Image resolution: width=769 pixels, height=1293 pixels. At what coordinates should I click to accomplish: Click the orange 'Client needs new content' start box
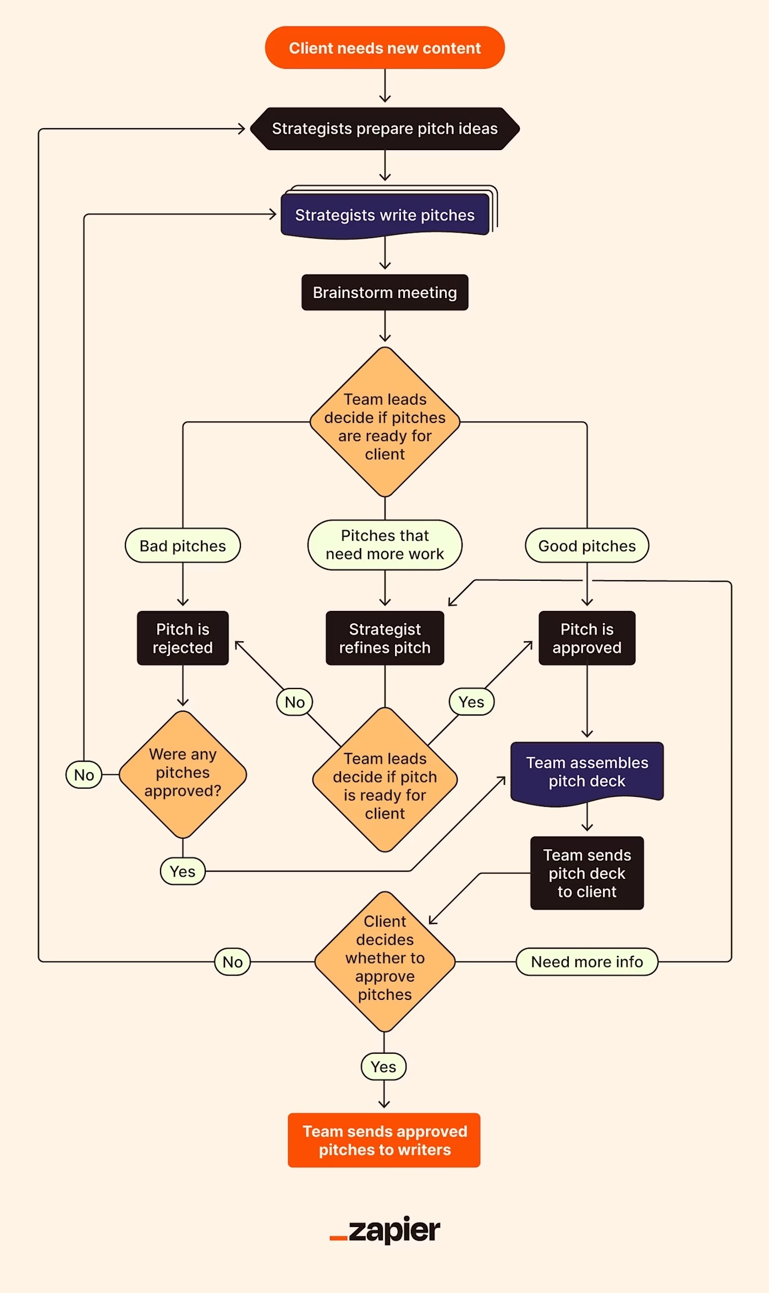click(x=384, y=48)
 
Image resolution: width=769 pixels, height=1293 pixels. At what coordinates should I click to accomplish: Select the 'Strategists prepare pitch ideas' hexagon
click(x=384, y=129)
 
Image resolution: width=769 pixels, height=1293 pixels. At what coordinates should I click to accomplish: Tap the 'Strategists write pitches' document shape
click(x=384, y=215)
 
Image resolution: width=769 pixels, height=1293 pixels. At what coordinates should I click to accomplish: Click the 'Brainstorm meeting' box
click(x=384, y=293)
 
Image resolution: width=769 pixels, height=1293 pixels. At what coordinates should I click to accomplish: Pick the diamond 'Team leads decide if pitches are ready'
click(x=384, y=422)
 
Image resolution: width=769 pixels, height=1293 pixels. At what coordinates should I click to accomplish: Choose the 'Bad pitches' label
click(x=183, y=546)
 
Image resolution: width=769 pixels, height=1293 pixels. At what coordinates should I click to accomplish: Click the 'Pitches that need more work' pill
click(x=384, y=545)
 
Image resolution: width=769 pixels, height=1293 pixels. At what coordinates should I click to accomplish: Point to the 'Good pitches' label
click(x=587, y=546)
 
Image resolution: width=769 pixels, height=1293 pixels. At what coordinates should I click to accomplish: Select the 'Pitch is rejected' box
click(x=183, y=638)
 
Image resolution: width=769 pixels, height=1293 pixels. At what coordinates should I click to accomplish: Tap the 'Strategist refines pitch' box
click(x=384, y=638)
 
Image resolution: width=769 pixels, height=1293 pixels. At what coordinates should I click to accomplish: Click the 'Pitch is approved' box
click(x=587, y=638)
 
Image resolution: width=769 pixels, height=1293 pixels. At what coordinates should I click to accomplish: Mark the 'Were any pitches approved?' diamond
click(x=183, y=774)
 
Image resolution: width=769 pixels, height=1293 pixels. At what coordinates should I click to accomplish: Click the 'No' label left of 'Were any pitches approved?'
click(x=84, y=775)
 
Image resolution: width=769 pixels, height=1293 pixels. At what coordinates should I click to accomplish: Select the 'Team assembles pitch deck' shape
click(x=587, y=772)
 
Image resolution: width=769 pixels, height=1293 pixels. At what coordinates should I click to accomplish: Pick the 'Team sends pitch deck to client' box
click(x=587, y=873)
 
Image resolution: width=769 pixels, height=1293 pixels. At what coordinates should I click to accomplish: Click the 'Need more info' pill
click(x=587, y=961)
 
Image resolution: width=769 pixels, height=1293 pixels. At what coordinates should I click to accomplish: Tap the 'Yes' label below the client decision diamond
click(x=383, y=1066)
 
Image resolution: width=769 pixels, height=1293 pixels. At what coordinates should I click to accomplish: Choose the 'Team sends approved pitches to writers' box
click(x=384, y=1140)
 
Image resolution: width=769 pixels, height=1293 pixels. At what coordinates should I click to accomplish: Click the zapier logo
click(x=384, y=1230)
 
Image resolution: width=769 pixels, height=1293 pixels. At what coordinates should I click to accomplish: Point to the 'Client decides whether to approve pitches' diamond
click(x=384, y=961)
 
